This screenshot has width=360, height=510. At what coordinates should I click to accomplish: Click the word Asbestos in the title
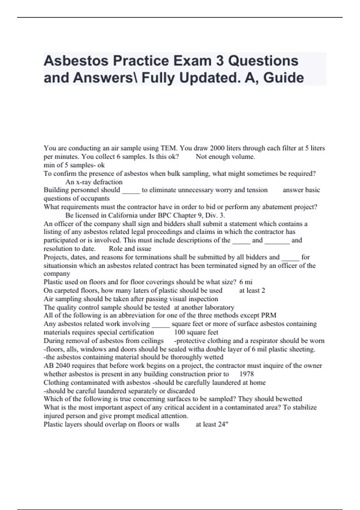[76, 61]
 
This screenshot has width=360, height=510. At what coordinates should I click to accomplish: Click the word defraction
[107, 182]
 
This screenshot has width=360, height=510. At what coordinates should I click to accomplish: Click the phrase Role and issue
[130, 249]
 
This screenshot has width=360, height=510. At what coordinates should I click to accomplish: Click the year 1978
[247, 374]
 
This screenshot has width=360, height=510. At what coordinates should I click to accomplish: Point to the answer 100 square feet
[196, 332]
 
